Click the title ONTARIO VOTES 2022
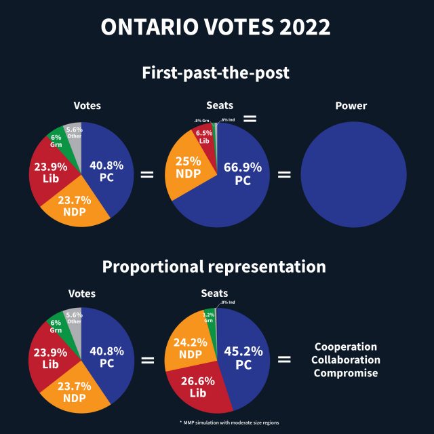click(x=216, y=28)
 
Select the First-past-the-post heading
click(x=216, y=73)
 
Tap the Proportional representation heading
click(x=214, y=267)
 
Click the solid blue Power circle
click(x=351, y=175)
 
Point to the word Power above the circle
click(x=351, y=106)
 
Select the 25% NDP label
click(x=187, y=167)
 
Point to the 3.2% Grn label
click(x=209, y=317)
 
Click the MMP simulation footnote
click(x=229, y=422)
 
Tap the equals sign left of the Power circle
click(x=285, y=174)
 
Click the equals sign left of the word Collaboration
click(x=285, y=359)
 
